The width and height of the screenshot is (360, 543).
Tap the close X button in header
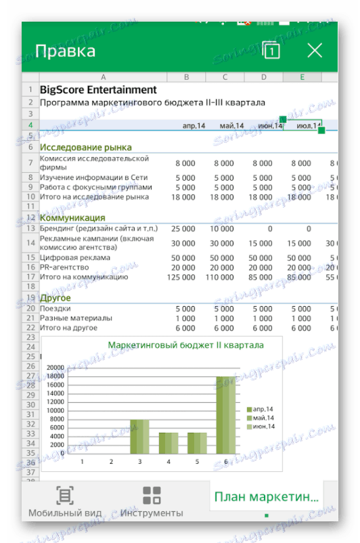(x=315, y=50)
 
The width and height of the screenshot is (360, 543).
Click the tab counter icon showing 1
(x=271, y=50)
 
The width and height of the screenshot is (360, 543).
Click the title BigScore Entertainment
(x=98, y=89)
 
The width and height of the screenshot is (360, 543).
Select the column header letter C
(x=225, y=77)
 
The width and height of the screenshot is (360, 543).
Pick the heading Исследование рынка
(x=85, y=147)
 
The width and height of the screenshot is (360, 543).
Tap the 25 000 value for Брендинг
(x=183, y=229)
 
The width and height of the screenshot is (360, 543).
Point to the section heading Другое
(x=55, y=298)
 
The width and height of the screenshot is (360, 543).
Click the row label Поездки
(x=56, y=309)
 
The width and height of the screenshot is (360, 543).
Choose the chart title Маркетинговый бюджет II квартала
(x=186, y=345)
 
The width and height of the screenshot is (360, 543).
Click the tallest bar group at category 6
(x=226, y=414)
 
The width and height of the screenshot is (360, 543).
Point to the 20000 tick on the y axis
(x=55, y=367)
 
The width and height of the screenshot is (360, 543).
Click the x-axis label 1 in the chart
(x=83, y=462)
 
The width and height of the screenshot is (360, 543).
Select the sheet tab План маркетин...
(x=266, y=497)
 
